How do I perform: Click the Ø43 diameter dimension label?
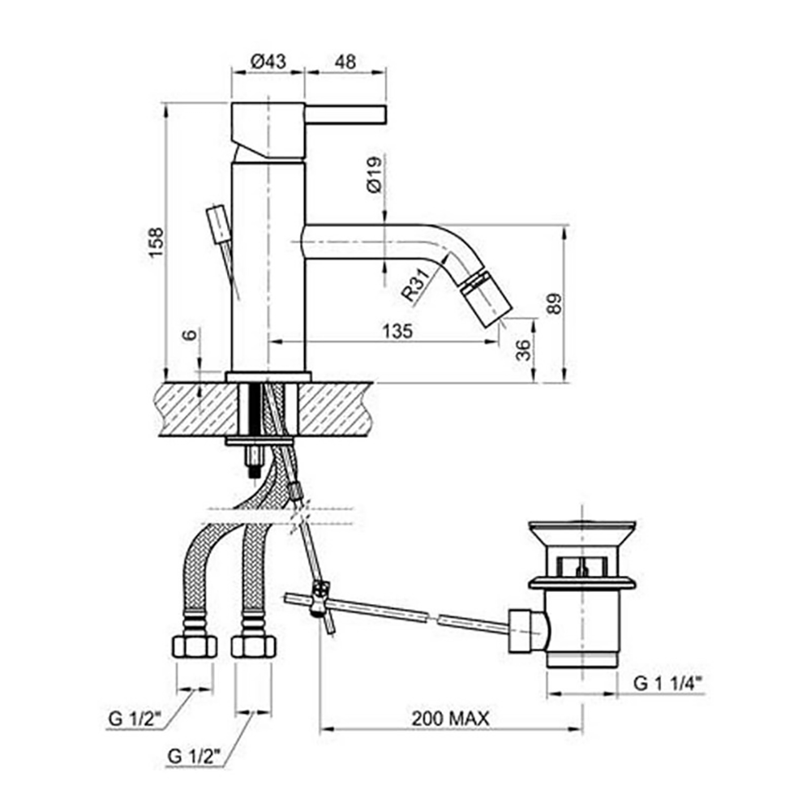[x=267, y=61]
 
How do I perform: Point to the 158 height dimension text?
[x=157, y=243]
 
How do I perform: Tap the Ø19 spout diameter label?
[x=374, y=174]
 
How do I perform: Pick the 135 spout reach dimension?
[x=397, y=331]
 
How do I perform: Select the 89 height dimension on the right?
[x=555, y=303]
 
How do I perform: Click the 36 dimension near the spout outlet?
[x=523, y=350]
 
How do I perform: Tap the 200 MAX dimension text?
[x=450, y=718]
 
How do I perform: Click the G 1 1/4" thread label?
[x=667, y=684]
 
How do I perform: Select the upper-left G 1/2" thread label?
[x=135, y=718]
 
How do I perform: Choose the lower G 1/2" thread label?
[x=195, y=757]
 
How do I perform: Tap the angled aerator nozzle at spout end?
[x=488, y=299]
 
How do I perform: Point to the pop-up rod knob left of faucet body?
[x=218, y=222]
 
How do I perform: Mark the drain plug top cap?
[x=581, y=531]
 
